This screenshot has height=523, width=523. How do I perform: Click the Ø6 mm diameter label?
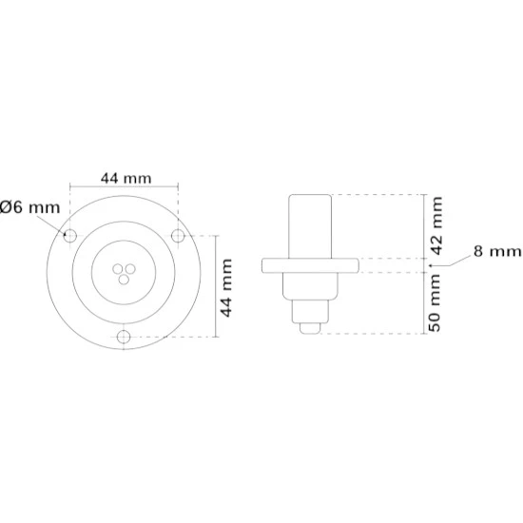[30, 207]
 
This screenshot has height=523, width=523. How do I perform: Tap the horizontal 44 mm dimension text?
[126, 178]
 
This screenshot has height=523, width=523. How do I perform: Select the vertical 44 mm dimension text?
[226, 287]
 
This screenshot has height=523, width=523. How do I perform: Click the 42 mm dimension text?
[436, 225]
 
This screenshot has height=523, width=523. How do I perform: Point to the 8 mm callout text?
[497, 251]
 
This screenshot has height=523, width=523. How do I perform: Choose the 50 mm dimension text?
[435, 302]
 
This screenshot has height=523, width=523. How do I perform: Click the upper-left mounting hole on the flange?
[70, 236]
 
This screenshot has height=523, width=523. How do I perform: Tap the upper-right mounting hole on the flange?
[178, 236]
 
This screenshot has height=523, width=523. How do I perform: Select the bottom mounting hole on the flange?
[124, 337]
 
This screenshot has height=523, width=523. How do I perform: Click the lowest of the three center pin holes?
[124, 280]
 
